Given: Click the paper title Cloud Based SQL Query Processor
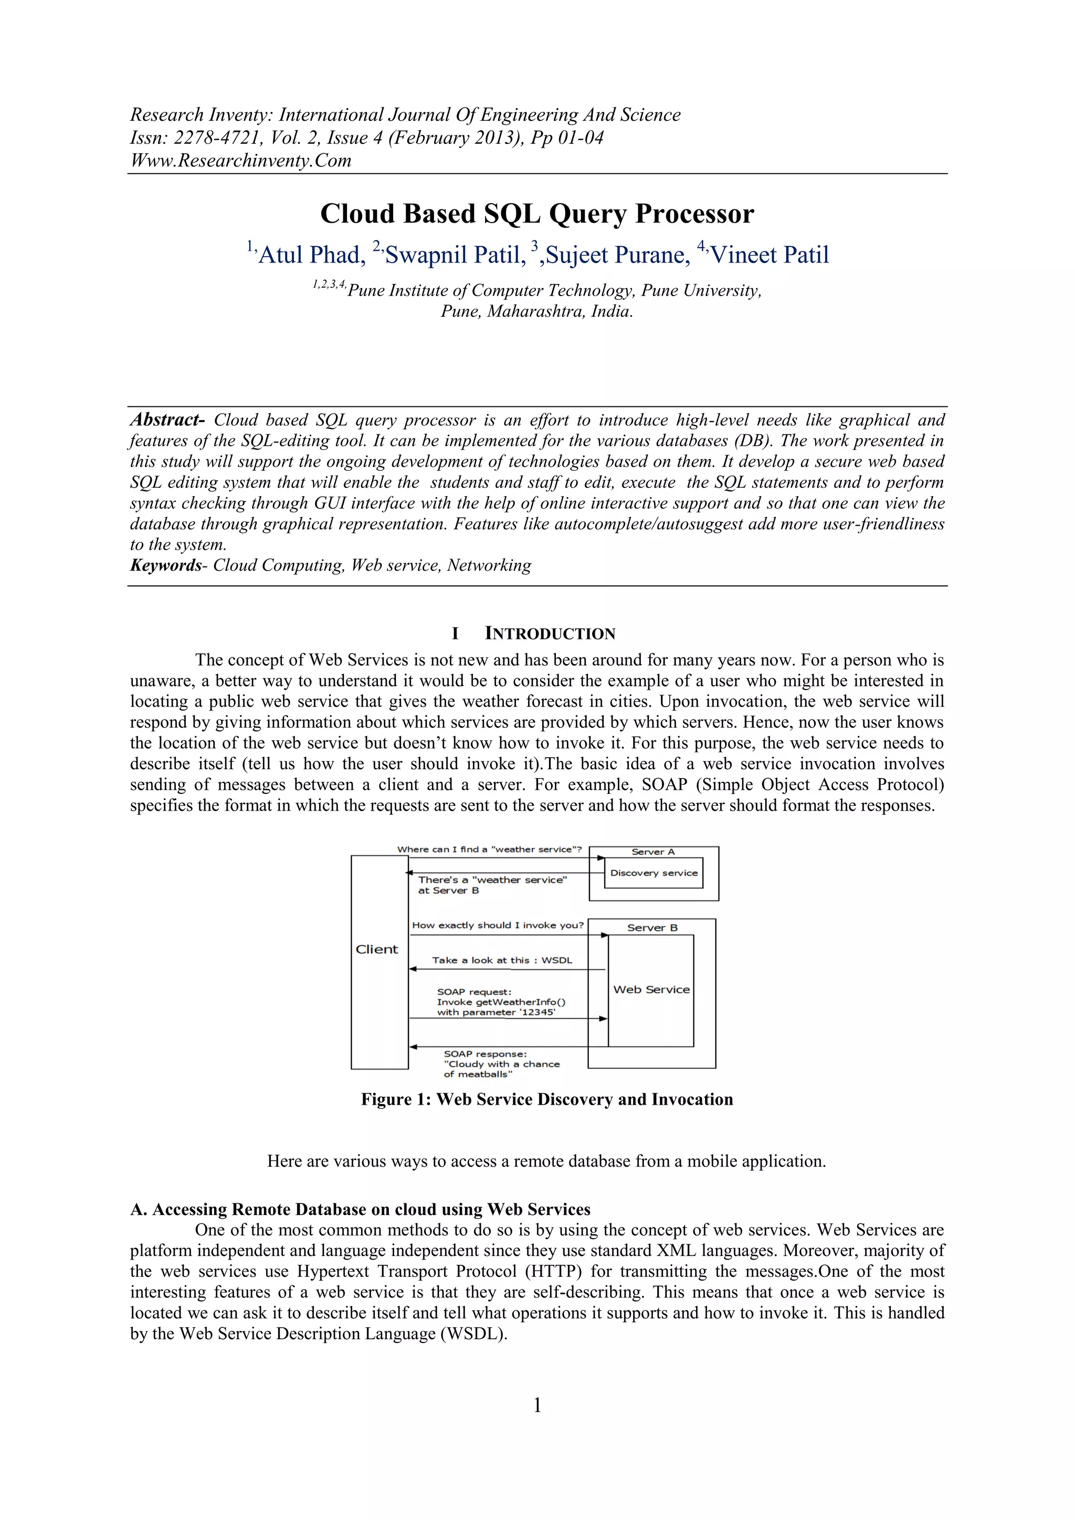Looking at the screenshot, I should tap(537, 214).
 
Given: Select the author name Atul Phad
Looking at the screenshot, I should tap(311, 255).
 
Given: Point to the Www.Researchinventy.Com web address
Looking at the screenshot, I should tap(240, 160).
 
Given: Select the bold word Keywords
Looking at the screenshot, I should tap(165, 565).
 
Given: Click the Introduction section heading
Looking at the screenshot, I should tap(550, 634).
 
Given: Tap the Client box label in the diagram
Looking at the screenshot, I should tap(377, 949).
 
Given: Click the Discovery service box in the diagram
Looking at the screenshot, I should tap(654, 873).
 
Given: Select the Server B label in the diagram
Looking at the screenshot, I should tap(652, 928).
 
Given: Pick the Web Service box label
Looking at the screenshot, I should tap(651, 989).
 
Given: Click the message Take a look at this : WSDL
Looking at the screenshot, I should tap(502, 960).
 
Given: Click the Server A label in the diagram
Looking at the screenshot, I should tap(652, 852).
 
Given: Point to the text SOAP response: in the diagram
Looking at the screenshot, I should tap(484, 1054).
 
